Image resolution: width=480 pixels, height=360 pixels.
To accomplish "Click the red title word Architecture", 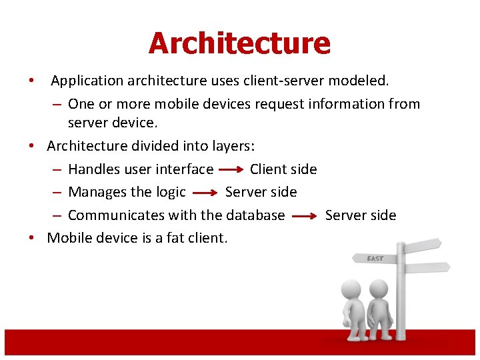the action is click(x=239, y=43).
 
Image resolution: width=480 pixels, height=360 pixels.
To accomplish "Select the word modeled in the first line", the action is click(x=362, y=81).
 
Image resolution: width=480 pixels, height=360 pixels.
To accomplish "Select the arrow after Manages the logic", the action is click(x=205, y=193).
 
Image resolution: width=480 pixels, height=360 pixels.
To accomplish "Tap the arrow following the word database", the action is click(x=305, y=216).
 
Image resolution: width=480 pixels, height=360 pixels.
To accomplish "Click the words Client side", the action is click(x=283, y=169).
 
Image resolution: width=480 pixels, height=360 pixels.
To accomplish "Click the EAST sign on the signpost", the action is click(x=376, y=258).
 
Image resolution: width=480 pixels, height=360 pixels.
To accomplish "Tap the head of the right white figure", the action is click(x=379, y=289).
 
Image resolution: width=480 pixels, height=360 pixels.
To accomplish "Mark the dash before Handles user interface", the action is click(x=57, y=169).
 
